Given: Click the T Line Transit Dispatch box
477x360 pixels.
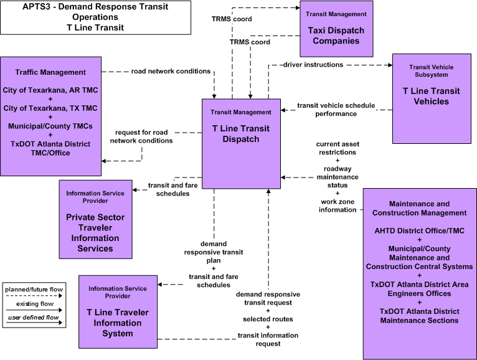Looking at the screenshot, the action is [241, 144].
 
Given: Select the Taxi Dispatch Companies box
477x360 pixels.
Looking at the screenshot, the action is [336, 29].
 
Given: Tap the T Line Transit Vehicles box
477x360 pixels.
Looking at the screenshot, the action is [432, 98].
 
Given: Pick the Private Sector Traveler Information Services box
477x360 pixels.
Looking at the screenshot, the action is [95, 219].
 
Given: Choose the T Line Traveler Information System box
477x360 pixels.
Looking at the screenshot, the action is [118, 312].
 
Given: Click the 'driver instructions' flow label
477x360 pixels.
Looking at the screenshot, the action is [313, 65].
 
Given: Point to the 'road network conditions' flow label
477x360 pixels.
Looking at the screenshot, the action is [171, 71].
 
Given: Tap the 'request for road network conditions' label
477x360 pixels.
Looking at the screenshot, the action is [141, 136].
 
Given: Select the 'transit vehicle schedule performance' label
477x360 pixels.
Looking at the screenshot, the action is [336, 110].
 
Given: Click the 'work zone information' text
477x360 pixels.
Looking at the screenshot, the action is [338, 206].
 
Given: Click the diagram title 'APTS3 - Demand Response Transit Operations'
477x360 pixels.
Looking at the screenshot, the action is [95, 12].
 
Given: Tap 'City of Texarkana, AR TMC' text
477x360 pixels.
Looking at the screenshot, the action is [50, 90].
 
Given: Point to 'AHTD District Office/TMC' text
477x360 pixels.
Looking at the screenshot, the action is [420, 230].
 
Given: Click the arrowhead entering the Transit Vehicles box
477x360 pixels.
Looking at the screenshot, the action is [390, 65].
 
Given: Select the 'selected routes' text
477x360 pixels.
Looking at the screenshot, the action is [268, 320].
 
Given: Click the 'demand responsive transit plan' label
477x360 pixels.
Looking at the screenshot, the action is [214, 252].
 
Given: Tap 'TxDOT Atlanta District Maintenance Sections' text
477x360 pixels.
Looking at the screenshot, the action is [420, 316].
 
